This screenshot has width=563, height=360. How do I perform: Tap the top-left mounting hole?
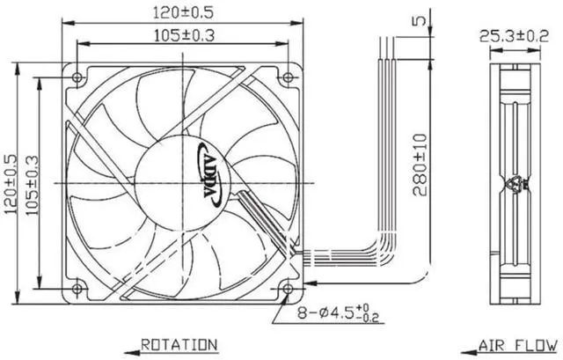(x=77, y=77)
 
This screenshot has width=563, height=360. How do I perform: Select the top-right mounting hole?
(x=288, y=77)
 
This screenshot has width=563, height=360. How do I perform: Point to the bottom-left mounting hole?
(x=77, y=289)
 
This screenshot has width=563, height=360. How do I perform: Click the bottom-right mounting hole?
(x=288, y=289)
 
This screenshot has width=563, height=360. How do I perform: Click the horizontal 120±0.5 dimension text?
(x=183, y=13)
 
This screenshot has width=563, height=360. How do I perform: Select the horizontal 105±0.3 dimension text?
(x=184, y=35)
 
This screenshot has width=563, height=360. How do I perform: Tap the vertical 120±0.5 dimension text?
(x=11, y=184)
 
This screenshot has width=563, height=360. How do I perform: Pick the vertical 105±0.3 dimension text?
(x=33, y=185)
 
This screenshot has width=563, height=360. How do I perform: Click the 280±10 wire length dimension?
(x=420, y=165)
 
